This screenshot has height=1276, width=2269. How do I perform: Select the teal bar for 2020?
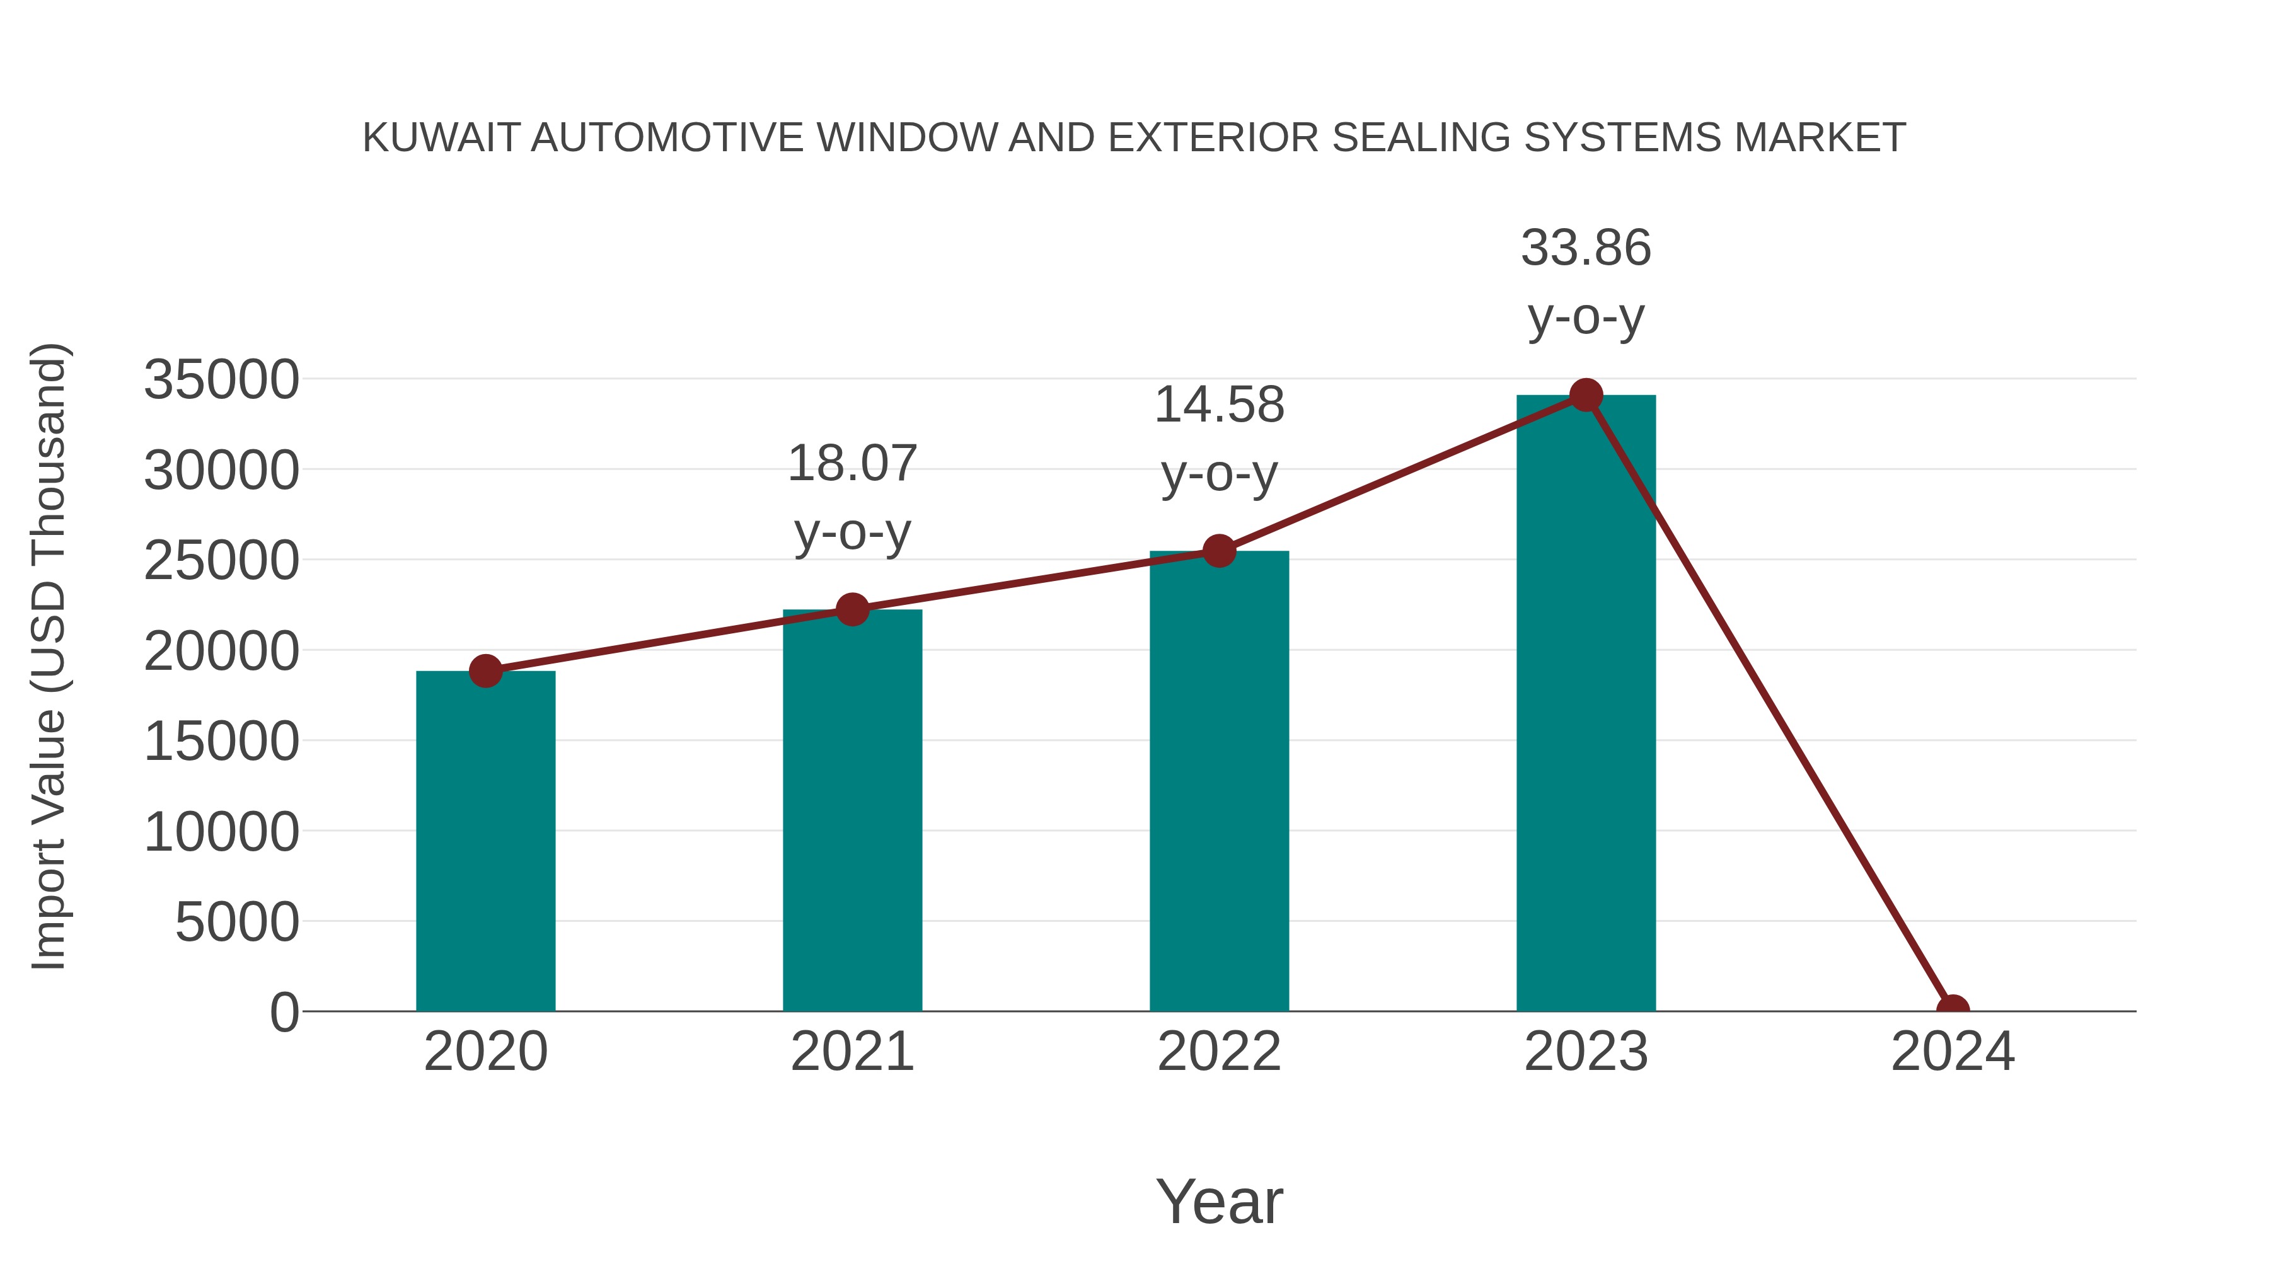coord(485,841)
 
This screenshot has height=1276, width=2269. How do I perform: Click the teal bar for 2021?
coord(852,810)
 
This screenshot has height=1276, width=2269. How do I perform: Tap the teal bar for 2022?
coord(1219,781)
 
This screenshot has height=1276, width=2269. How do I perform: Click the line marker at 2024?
coord(1953,1009)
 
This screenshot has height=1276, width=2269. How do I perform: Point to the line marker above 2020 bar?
coord(485,671)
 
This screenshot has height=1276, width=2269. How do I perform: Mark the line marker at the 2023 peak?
coord(1586,395)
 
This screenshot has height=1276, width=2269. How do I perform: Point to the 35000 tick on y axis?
coord(221,381)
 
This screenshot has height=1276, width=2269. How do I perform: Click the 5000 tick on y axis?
coord(237,923)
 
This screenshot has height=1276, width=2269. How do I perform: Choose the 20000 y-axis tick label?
coord(221,652)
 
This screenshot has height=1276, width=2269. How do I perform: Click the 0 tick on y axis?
coord(284,1013)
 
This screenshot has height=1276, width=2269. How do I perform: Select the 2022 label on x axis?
coord(1219,1052)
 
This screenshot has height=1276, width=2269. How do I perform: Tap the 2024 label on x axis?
coord(1953,1052)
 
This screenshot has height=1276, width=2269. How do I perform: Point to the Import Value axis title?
coord(49,656)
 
